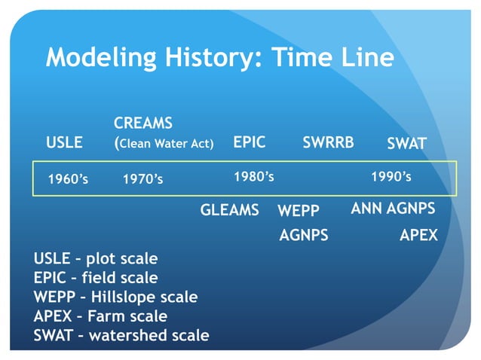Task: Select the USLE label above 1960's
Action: click(64, 143)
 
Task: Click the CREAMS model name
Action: click(143, 123)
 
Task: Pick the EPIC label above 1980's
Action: click(249, 142)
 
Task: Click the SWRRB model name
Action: click(328, 142)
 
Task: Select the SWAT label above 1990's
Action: click(406, 143)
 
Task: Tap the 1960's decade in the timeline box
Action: click(68, 179)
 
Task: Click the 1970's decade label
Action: click(142, 179)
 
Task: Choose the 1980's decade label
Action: click(253, 176)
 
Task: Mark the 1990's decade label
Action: click(391, 176)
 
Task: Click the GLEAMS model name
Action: click(229, 210)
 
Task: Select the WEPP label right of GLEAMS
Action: click(299, 211)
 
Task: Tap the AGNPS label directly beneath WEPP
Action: click(304, 235)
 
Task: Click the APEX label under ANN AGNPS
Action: click(418, 235)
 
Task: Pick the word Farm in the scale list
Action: click(109, 316)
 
